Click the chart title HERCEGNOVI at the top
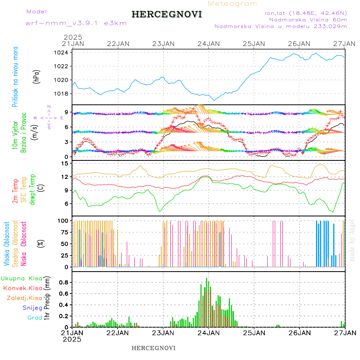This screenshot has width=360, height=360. pos(167,14)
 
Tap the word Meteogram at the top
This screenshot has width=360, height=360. pos(233,4)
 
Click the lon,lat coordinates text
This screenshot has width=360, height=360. pos(306,13)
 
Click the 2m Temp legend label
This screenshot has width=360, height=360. pos(15,192)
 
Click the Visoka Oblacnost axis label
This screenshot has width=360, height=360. pos(7,244)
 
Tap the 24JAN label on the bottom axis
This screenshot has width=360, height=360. pos(208,333)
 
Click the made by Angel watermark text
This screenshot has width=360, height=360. pos(352,240)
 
